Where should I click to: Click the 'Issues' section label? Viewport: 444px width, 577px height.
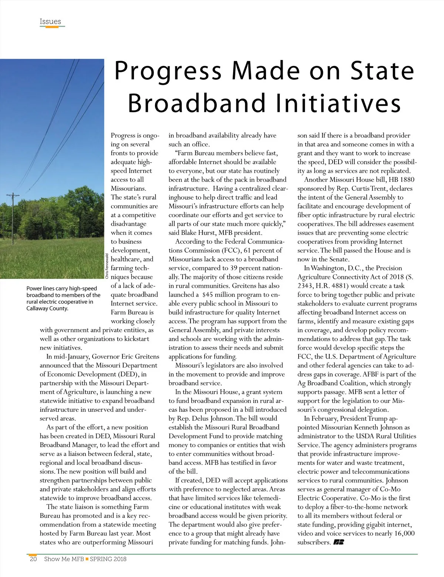[x=50, y=21]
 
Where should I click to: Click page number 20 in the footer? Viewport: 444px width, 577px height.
[x=33, y=559]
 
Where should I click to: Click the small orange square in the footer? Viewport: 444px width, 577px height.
[x=87, y=559]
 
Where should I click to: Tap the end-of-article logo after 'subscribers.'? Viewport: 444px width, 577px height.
[x=339, y=543]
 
